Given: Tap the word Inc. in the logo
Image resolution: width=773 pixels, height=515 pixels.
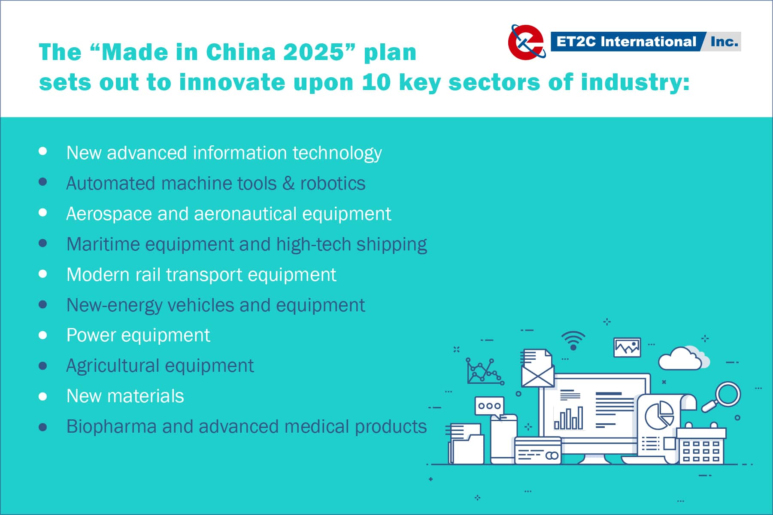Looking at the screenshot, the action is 724,42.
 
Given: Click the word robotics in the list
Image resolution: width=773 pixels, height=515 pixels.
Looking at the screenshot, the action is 333,184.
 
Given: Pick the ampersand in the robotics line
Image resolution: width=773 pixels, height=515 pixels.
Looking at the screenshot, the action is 288,184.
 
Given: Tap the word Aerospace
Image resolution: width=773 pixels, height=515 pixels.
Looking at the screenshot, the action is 109,214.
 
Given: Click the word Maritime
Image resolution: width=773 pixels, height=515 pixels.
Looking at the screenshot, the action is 103,244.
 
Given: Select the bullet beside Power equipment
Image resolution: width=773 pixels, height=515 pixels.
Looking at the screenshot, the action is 42,335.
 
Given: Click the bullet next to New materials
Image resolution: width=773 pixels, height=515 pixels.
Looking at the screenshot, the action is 42,396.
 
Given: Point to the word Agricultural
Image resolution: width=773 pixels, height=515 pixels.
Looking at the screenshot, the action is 113,366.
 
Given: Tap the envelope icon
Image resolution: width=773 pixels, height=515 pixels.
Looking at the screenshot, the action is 537,371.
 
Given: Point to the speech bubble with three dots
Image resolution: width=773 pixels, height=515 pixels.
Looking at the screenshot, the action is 489,407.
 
